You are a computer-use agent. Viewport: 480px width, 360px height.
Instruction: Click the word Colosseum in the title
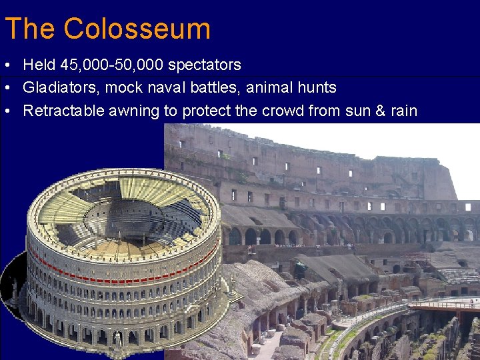[137, 29]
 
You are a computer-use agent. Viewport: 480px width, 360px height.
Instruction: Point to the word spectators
[205, 65]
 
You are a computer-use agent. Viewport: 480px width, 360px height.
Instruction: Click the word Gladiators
[56, 87]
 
